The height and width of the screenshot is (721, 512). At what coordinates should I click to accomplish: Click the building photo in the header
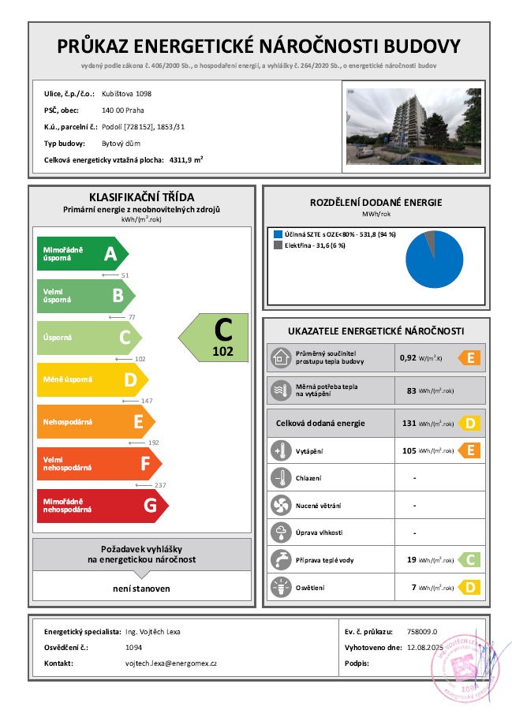413,126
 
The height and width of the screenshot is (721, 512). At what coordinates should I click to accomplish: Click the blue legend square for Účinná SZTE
278,235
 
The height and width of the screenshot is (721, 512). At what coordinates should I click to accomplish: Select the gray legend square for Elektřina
278,245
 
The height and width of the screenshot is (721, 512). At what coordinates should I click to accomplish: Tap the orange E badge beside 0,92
469,358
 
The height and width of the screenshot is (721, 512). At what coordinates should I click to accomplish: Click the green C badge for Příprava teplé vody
469,560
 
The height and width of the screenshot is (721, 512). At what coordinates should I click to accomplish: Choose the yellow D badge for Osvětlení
469,587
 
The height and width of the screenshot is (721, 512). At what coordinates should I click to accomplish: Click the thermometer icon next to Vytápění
281,451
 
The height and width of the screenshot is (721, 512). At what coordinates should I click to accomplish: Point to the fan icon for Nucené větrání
281,505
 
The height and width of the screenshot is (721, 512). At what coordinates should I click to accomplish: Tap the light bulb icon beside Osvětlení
281,586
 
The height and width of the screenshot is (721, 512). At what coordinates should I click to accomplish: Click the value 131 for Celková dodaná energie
409,424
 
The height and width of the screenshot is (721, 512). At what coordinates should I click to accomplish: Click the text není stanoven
141,588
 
